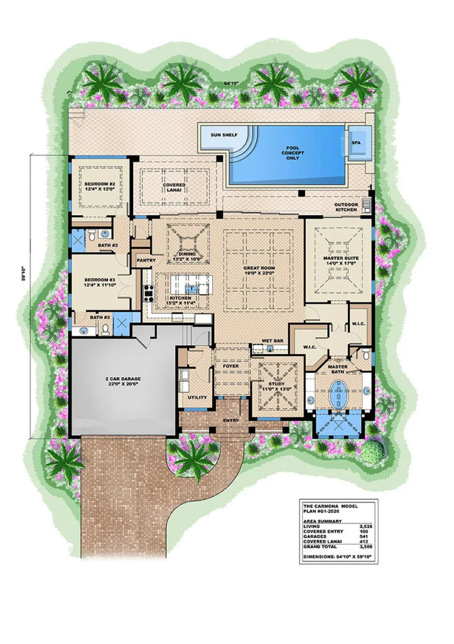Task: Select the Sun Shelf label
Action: (x=217, y=135)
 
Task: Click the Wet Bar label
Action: (x=269, y=341)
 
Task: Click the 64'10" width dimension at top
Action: (x=234, y=82)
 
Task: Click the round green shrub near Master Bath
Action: (x=374, y=449)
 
